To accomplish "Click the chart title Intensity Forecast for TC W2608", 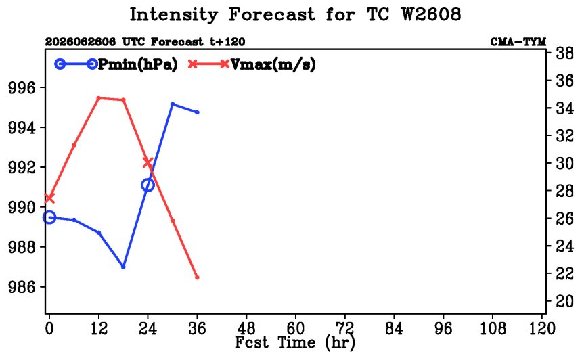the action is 295,15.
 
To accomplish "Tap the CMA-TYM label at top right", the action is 518,41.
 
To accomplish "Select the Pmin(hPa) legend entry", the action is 116,64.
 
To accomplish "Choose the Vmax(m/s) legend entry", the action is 252,64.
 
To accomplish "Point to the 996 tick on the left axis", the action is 22,88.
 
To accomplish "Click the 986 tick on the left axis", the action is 22,287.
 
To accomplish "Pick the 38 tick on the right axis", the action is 564,53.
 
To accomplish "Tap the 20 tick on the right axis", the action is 564,300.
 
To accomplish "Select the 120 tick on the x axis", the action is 542,328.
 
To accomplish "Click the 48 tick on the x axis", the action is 246,328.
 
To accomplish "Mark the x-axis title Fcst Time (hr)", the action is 295,342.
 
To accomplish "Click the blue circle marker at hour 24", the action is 148,185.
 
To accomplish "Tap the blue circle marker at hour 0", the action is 49,217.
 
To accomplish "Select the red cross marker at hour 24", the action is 148,162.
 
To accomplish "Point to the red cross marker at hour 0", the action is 49,198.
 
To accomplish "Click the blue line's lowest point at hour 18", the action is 123,267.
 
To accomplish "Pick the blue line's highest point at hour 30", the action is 173,104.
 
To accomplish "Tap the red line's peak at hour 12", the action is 99,98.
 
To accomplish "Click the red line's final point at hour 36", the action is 197,277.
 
